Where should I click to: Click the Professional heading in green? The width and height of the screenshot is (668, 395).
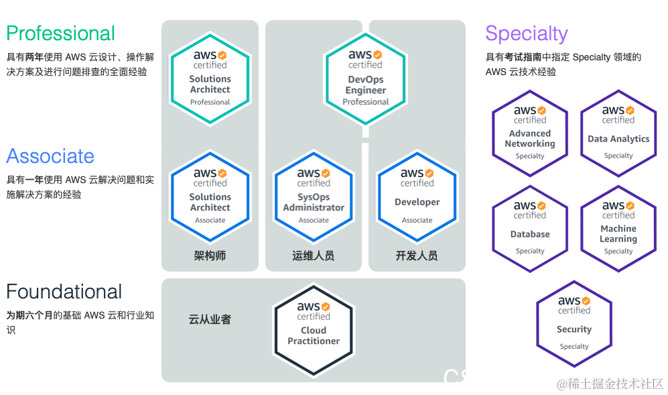pos(60,33)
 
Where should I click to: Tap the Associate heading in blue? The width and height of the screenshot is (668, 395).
pos(50,156)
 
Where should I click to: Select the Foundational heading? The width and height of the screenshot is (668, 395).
pos(64,292)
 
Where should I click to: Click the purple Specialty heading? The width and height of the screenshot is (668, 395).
pos(526,33)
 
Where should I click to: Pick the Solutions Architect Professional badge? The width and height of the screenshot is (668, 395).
pos(210,78)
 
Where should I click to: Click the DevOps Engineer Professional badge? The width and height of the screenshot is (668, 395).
pos(365,78)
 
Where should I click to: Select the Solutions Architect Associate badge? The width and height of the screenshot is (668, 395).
pos(210,196)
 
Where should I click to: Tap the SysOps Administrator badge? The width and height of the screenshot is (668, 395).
pos(314,196)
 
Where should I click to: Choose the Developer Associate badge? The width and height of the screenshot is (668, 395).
pos(417,196)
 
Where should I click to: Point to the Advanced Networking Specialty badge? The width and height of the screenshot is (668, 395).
pos(530,133)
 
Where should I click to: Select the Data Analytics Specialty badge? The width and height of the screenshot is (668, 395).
pos(618,133)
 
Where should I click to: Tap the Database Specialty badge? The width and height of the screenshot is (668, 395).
pos(530,228)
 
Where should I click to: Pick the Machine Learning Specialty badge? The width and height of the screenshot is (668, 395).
pos(618,228)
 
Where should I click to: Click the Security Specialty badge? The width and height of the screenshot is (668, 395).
pos(574,324)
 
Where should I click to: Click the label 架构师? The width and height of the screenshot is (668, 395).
pos(210,256)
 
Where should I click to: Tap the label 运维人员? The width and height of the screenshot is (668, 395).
pos(314,256)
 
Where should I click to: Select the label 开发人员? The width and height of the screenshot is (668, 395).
pos(417,256)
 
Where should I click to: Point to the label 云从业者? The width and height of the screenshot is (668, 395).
pos(210,319)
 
